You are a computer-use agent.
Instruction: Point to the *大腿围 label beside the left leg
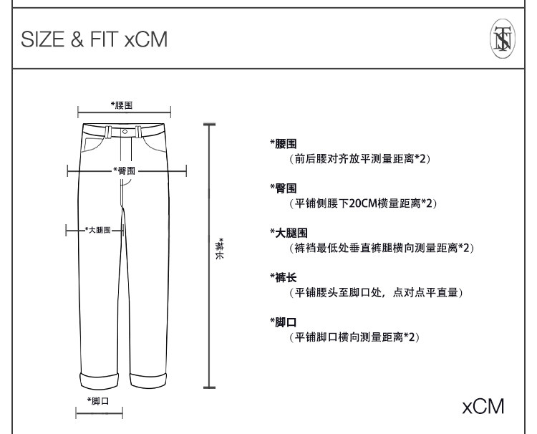[x=98, y=230]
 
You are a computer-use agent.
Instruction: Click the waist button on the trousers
[x=125, y=132]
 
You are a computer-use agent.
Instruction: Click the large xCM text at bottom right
[x=483, y=406]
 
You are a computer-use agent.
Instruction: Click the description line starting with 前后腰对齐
[x=354, y=159]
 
